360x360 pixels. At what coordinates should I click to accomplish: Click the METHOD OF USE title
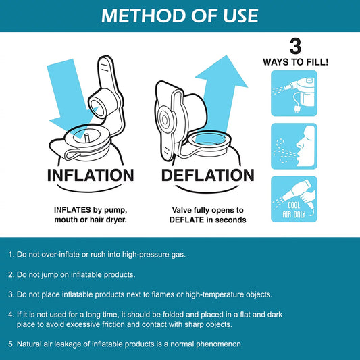tap(180, 16)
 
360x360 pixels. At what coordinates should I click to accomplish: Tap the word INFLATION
tap(91, 176)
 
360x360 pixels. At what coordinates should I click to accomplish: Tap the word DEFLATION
tap(208, 176)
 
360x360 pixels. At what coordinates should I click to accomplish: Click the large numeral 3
tap(295, 47)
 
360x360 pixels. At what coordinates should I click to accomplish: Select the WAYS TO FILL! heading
tap(295, 62)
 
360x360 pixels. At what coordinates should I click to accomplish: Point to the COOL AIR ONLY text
tap(294, 210)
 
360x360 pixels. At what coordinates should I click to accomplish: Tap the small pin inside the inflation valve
tap(87, 138)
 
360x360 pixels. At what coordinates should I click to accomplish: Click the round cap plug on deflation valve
tap(164, 120)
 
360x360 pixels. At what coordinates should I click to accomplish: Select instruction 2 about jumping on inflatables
tap(72, 275)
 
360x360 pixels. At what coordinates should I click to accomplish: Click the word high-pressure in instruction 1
tap(146, 255)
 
